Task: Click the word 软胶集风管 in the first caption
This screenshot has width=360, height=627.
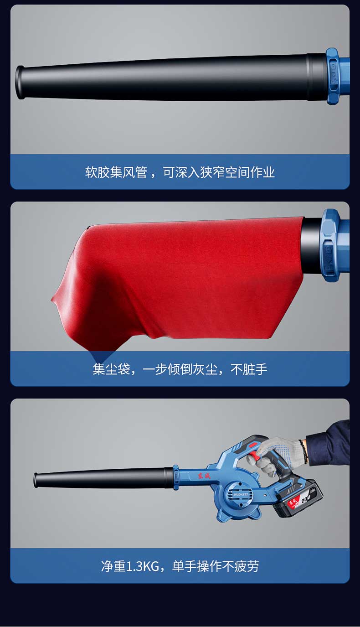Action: pyautogui.click(x=116, y=172)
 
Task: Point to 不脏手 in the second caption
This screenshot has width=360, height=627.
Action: pyautogui.click(x=249, y=369)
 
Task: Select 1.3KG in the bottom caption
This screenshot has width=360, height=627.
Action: pyautogui.click(x=143, y=566)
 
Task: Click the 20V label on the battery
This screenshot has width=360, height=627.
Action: pyautogui.click(x=305, y=499)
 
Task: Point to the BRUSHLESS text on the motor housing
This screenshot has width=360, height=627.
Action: pyautogui.click(x=241, y=495)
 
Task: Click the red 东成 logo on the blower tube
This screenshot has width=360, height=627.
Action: pyautogui.click(x=204, y=475)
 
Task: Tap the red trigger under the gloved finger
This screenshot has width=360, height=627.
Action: pyautogui.click(x=255, y=456)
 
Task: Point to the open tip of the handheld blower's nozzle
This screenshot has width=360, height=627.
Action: pyautogui.click(x=36, y=480)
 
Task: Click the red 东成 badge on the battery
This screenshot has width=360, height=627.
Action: pyautogui.click(x=292, y=503)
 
